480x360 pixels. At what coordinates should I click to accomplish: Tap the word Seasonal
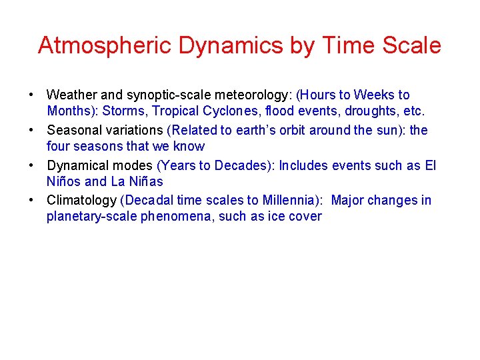tap(75, 130)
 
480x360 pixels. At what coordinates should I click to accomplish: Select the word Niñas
tap(143, 181)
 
